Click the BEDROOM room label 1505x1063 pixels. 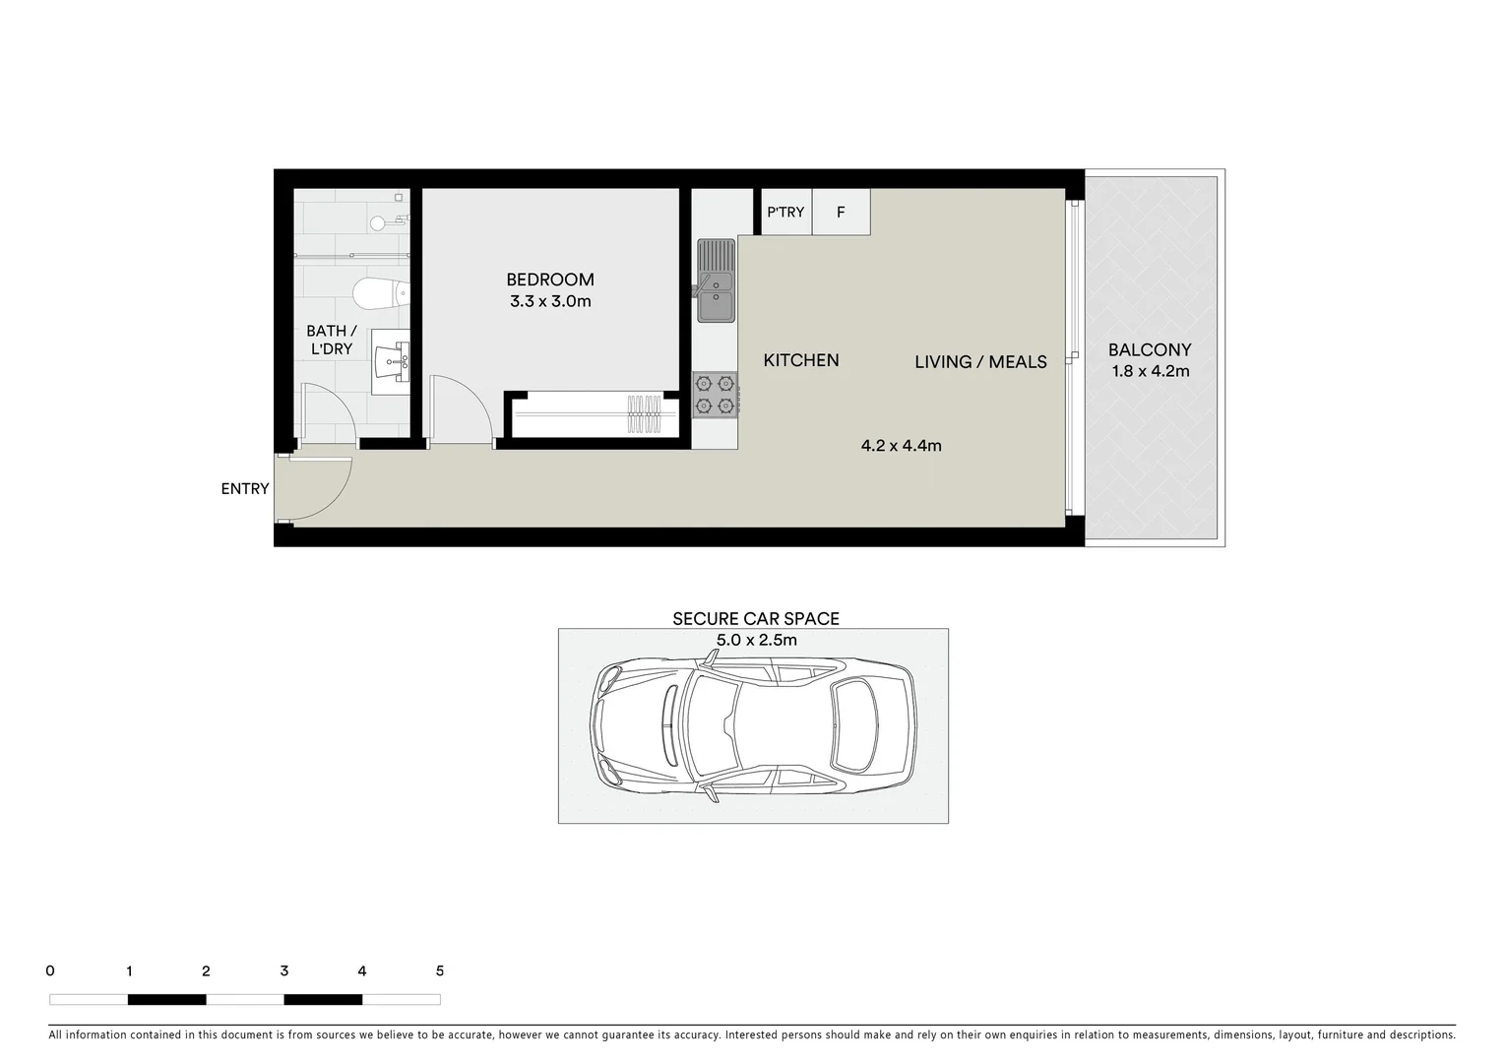pyautogui.click(x=550, y=280)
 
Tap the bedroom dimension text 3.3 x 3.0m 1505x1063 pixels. pyautogui.click(x=550, y=301)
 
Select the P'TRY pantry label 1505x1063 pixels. pyautogui.click(x=785, y=212)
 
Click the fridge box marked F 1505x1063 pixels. pyautogui.click(x=841, y=212)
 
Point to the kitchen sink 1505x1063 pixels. pyautogui.click(x=717, y=281)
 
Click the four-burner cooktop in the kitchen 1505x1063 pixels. pyautogui.click(x=715, y=395)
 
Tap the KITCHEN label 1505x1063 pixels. pyautogui.click(x=801, y=360)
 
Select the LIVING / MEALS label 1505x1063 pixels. pyautogui.click(x=980, y=362)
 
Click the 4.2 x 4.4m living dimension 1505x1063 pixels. pyautogui.click(x=901, y=446)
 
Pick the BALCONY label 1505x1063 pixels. pyautogui.click(x=1150, y=349)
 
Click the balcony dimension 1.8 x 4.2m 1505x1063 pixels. pyautogui.click(x=1150, y=371)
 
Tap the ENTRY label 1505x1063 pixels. pyautogui.click(x=245, y=488)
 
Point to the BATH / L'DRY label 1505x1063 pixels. pyautogui.click(x=331, y=340)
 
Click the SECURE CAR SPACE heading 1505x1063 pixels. pyautogui.click(x=755, y=619)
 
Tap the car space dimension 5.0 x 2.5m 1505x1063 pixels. pyautogui.click(x=755, y=640)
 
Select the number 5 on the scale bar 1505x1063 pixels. pyautogui.click(x=439, y=970)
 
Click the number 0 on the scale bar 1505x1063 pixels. pyautogui.click(x=50, y=970)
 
